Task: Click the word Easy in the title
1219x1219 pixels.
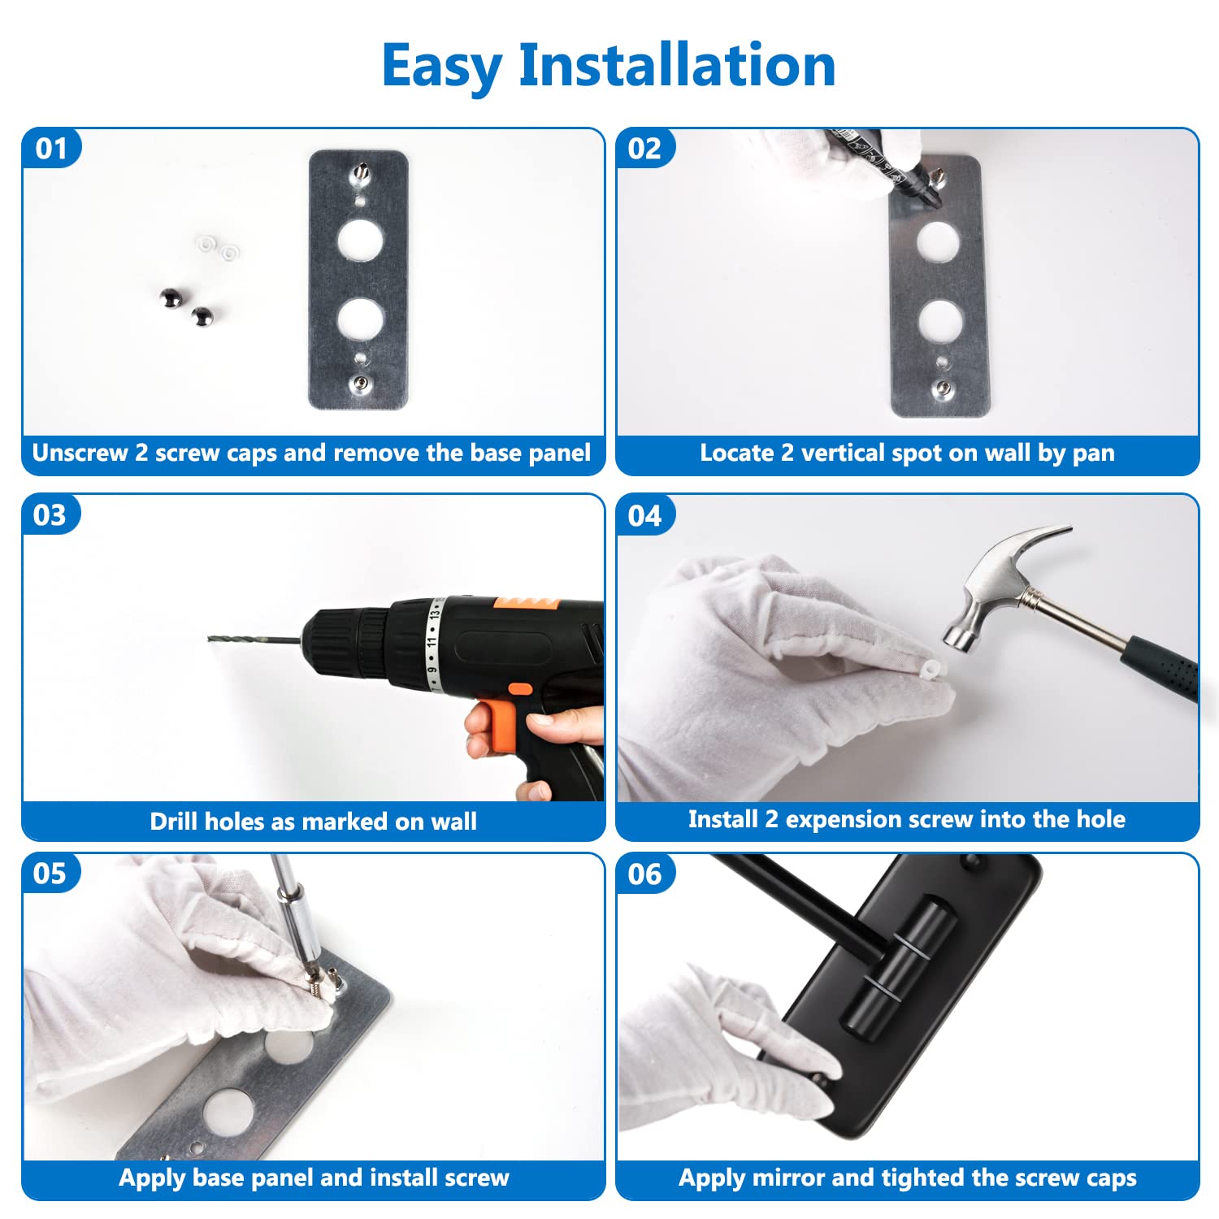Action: click(x=441, y=67)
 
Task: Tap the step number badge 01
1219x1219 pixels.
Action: click(x=51, y=149)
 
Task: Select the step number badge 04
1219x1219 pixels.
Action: click(x=645, y=515)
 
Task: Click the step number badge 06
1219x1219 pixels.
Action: click(x=645, y=874)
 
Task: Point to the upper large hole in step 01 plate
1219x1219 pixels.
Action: click(x=360, y=240)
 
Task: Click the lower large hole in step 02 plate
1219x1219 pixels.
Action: click(x=941, y=320)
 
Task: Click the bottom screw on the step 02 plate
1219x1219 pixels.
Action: click(x=944, y=388)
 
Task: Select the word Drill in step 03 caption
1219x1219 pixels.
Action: click(x=174, y=822)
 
